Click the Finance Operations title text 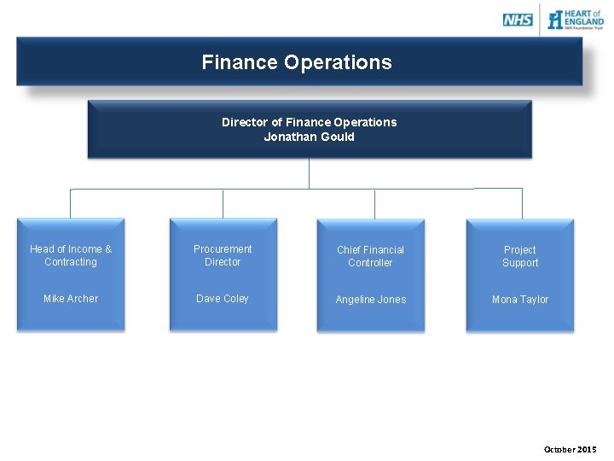297,62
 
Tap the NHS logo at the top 518,20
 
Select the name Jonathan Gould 309,137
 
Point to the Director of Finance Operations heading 309,122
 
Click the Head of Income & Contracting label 71,255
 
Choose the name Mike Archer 71,299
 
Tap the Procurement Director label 223,255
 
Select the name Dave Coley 223,299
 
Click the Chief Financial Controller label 370,256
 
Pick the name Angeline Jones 370,300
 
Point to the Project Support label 520,256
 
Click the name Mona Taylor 520,300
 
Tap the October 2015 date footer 571,450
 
